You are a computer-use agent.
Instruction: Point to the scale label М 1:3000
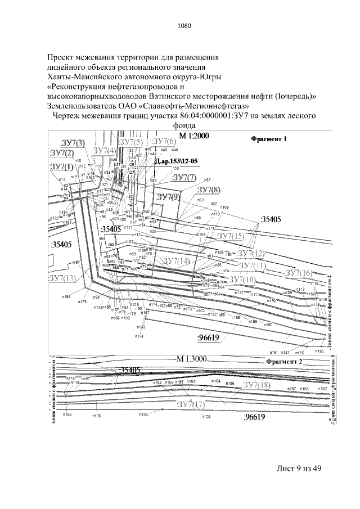click(192, 359)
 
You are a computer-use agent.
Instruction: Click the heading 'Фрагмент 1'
click(268, 138)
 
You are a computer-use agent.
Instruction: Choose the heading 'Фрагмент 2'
click(284, 361)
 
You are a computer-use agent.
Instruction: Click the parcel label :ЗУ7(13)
click(62, 278)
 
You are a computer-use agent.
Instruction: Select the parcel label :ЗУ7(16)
click(298, 273)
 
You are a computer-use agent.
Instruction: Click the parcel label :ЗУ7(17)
click(206, 404)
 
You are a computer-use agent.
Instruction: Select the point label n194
click(66, 296)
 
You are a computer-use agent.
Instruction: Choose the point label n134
click(138, 336)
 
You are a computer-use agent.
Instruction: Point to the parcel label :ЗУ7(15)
click(231, 235)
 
